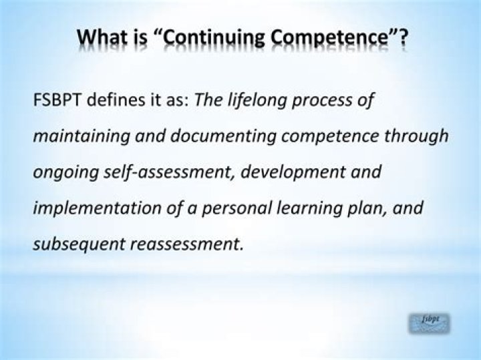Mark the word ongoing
pyautogui.click(x=61, y=172)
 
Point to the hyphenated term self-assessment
pyautogui.click(x=164, y=172)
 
